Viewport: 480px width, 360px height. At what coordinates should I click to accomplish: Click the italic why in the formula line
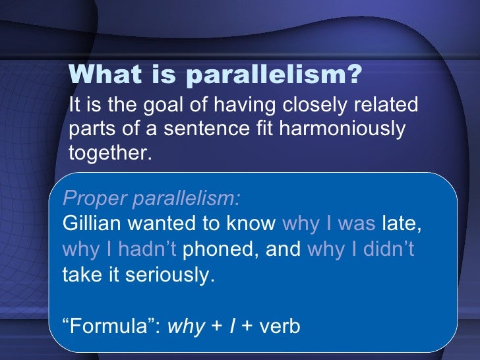point(187,326)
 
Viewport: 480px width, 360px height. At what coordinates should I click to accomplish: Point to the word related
point(387,105)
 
